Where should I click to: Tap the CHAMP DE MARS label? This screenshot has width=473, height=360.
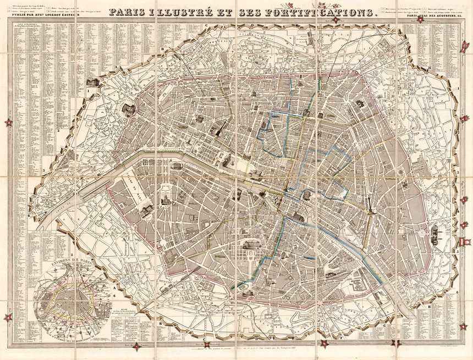pos(134,190)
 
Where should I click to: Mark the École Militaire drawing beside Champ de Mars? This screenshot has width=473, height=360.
pos(146,208)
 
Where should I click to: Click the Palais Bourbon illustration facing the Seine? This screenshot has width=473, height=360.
pos(177,165)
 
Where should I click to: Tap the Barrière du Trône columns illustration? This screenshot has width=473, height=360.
pos(436,233)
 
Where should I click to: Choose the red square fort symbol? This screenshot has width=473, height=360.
pos(467,241)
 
